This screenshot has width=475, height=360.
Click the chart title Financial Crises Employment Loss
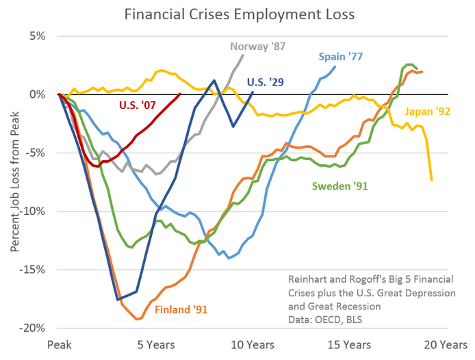click(x=237, y=14)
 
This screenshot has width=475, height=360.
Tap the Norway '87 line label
click(x=258, y=47)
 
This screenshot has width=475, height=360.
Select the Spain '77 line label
click(x=340, y=57)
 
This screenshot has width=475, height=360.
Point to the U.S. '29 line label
click(x=267, y=83)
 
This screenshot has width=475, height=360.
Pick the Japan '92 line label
click(x=428, y=111)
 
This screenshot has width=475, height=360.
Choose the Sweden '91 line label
click(x=340, y=185)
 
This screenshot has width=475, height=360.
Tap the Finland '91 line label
click(x=181, y=309)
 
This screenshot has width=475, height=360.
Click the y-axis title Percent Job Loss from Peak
click(x=14, y=182)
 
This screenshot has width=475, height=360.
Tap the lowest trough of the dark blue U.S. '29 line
click(x=118, y=299)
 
